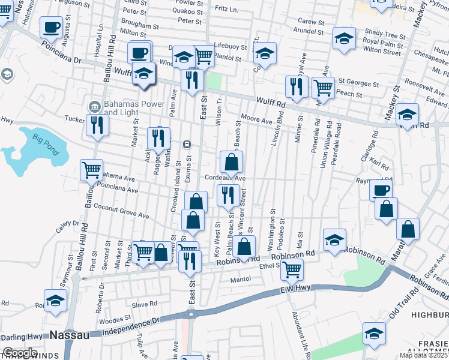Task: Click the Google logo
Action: pyautogui.click(x=20, y=353)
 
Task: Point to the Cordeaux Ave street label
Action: pyautogui.click(x=225, y=178)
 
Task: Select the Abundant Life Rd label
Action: pyautogui.click(x=301, y=336)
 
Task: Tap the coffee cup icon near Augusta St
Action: pyautogui.click(x=52, y=27)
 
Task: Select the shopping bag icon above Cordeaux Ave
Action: pyautogui.click(x=232, y=161)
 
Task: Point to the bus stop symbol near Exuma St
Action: pyautogui.click(x=187, y=144)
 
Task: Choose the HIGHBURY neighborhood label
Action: pyautogui.click(x=429, y=314)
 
